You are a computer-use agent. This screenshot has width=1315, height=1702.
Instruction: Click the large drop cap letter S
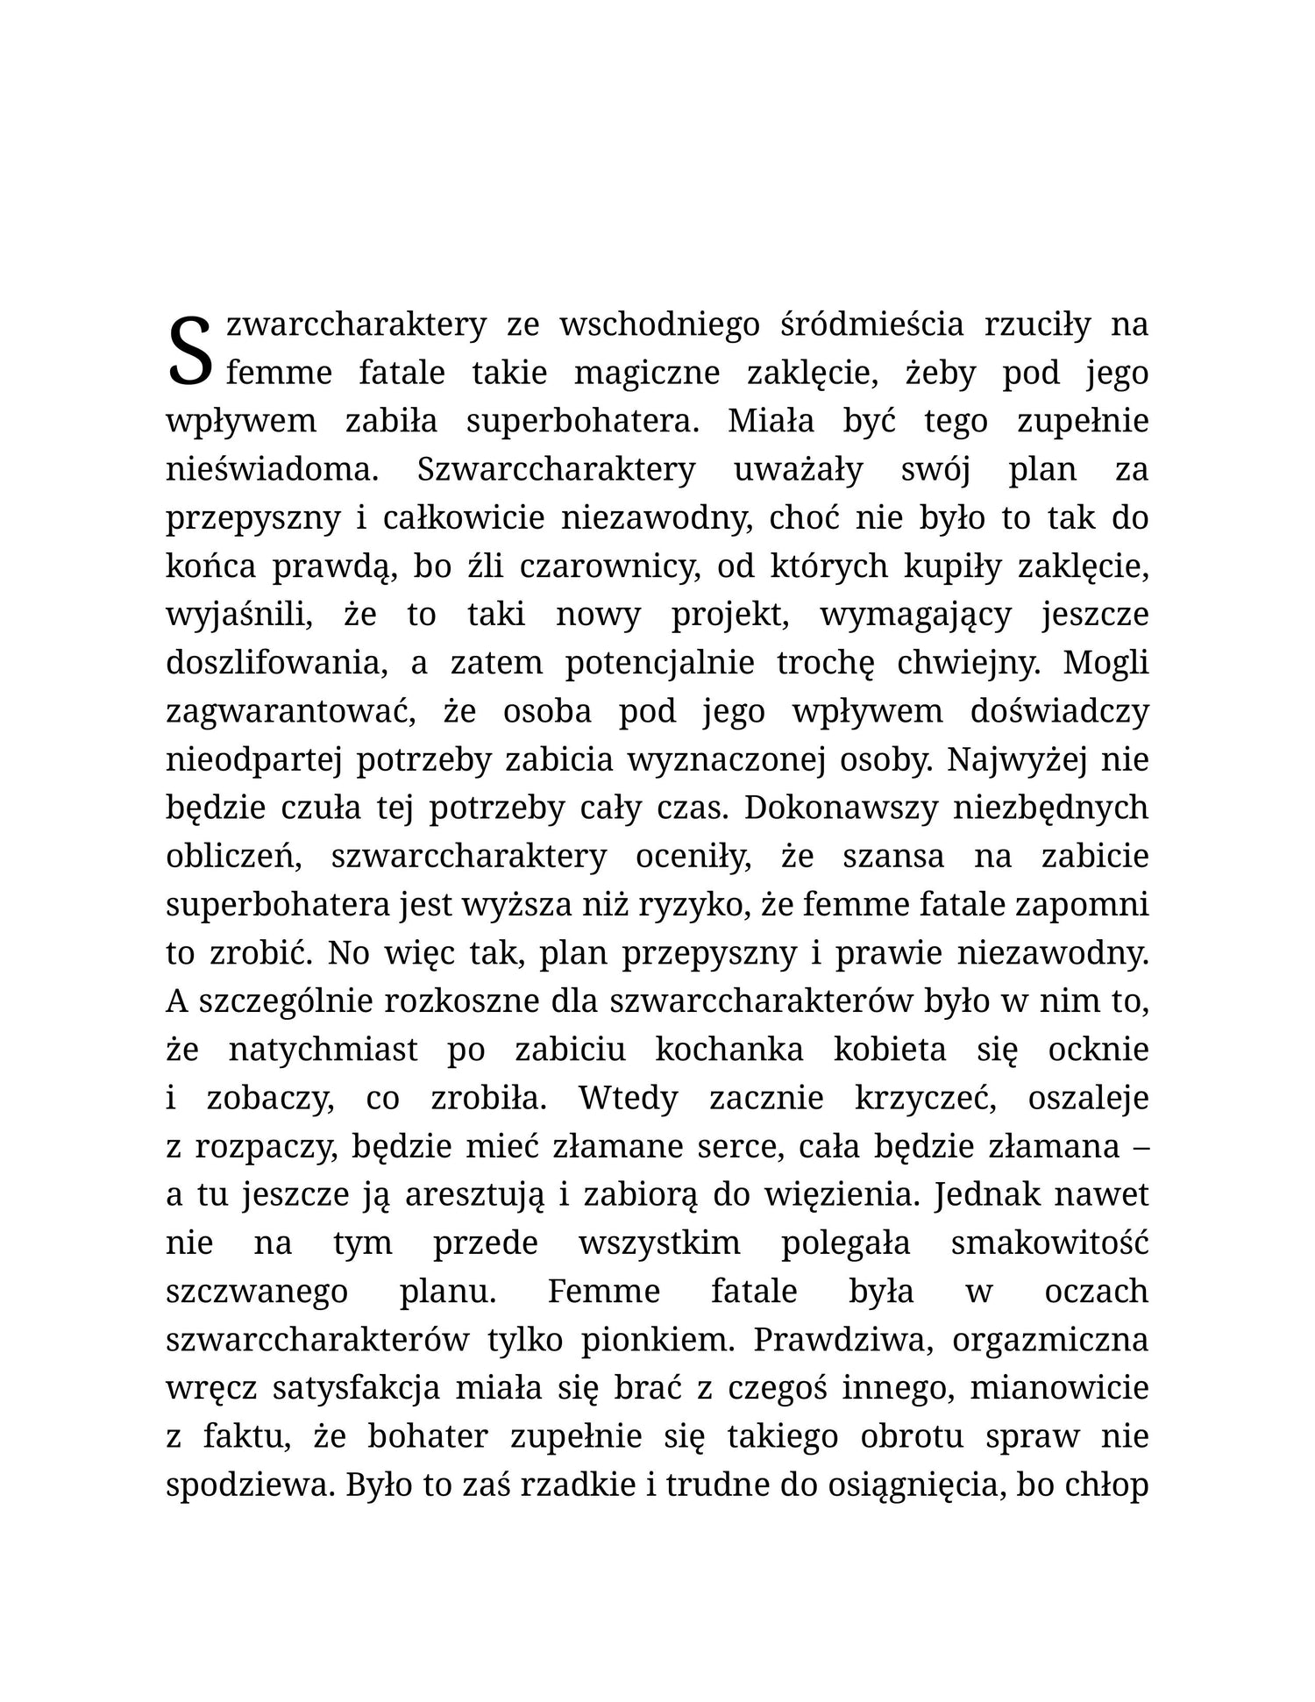click(x=190, y=351)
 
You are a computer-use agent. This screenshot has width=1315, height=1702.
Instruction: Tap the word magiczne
click(x=646, y=374)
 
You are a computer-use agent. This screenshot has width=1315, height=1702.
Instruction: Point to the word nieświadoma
click(x=272, y=470)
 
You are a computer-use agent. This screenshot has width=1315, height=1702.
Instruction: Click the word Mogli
click(x=1105, y=663)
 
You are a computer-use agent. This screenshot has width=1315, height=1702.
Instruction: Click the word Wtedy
click(x=628, y=1098)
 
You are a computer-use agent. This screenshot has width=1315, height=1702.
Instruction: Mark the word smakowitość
click(x=1049, y=1243)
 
